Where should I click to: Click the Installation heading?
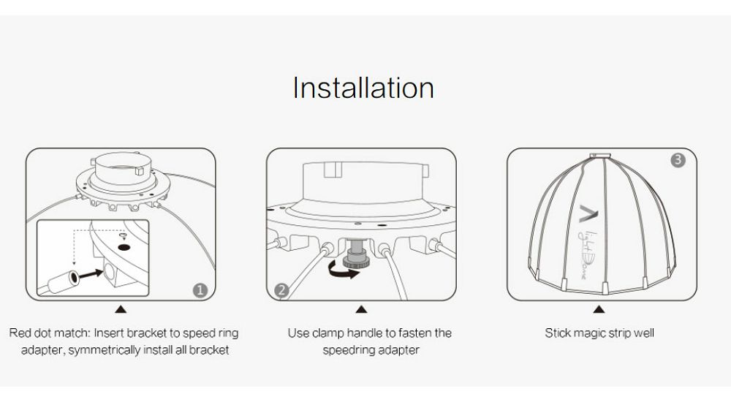363,88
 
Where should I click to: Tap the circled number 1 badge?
200,291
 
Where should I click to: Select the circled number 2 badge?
281,291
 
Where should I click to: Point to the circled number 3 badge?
678,160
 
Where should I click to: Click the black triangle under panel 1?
121,309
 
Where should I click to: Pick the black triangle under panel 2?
361,309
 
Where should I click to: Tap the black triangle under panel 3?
599,309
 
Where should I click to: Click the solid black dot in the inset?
124,247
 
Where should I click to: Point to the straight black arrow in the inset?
91,274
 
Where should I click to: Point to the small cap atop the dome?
599,155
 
